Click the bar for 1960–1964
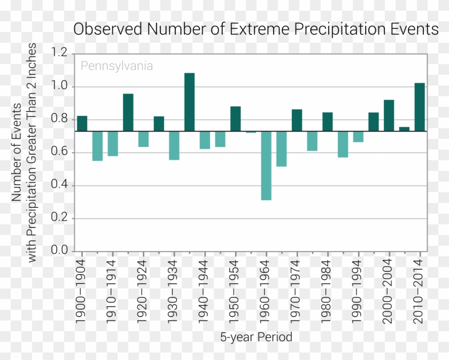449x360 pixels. tap(266, 166)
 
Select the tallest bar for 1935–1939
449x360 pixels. tap(189, 102)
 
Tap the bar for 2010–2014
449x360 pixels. tap(420, 107)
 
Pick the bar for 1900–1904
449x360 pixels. tap(82, 123)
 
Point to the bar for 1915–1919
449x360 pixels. tap(128, 112)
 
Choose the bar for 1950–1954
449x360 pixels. tap(235, 119)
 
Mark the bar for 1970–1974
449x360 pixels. tap(297, 120)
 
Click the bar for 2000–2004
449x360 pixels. tap(389, 115)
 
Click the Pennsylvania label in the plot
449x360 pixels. tap(117, 66)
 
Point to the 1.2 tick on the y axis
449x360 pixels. tap(60, 53)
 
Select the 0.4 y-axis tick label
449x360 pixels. tap(60, 185)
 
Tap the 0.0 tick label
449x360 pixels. tap(60, 251)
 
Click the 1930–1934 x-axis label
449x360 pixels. tap(174, 291)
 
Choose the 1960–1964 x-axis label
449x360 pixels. tap(266, 291)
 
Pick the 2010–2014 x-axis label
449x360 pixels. tap(420, 291)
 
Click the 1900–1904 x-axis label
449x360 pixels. tap(82, 291)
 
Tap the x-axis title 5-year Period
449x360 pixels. tap(256, 338)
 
